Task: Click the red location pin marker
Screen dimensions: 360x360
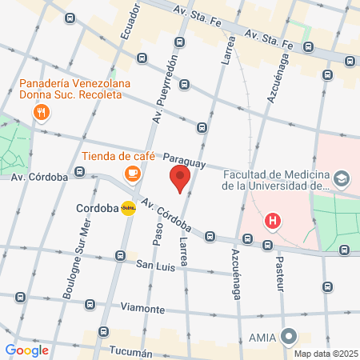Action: [x=180, y=178]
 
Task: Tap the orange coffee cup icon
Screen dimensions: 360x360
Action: [x=130, y=172]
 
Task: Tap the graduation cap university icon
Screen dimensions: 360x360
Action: [x=342, y=178]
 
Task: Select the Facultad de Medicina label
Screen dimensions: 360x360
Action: [x=275, y=180]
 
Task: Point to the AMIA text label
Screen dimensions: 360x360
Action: [x=262, y=337]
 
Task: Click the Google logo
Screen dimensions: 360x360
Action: [x=26, y=350]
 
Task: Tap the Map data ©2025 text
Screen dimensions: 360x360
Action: [x=326, y=354]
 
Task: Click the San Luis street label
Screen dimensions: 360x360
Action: [x=154, y=265]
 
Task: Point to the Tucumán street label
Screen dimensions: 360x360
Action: [x=129, y=353]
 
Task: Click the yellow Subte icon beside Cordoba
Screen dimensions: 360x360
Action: [x=128, y=209]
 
